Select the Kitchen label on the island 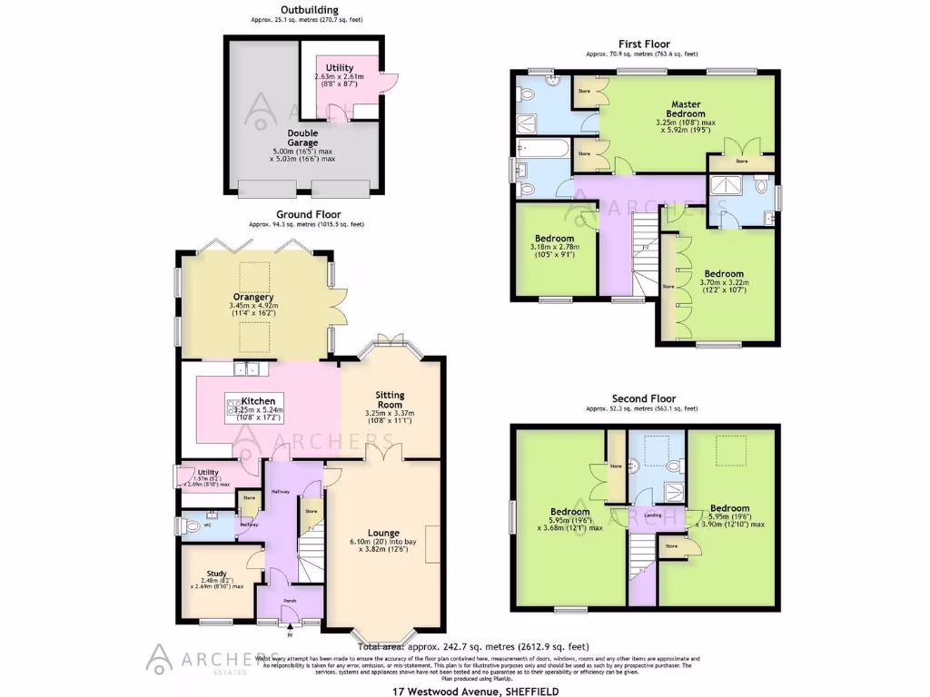[260, 400]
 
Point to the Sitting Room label [390, 400]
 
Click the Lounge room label [383, 533]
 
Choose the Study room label [216, 573]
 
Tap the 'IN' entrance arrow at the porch [290, 623]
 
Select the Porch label [290, 600]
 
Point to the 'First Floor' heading [643, 44]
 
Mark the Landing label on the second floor [652, 515]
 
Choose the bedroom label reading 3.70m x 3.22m [724, 273]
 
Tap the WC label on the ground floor [206, 525]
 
